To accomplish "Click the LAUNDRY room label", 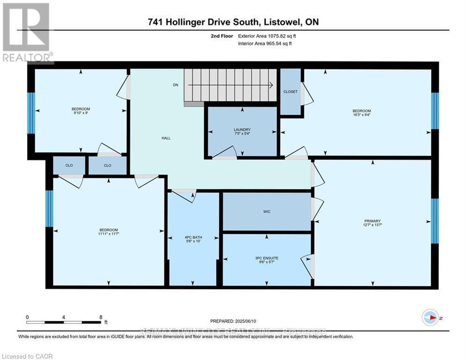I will pyautogui.click(x=242, y=130).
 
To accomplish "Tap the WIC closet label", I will pyautogui.click(x=266, y=211).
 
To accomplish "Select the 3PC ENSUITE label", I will pyautogui.click(x=266, y=257).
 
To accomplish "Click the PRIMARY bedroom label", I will pyautogui.click(x=372, y=221).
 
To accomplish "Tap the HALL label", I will pyautogui.click(x=166, y=138).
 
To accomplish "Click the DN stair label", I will pyautogui.click(x=176, y=85).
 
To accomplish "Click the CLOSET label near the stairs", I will pyautogui.click(x=290, y=91).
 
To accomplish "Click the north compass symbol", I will pyautogui.click(x=429, y=318).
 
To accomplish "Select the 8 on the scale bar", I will pyautogui.click(x=101, y=317).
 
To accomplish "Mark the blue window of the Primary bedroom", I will pyautogui.click(x=435, y=221).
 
